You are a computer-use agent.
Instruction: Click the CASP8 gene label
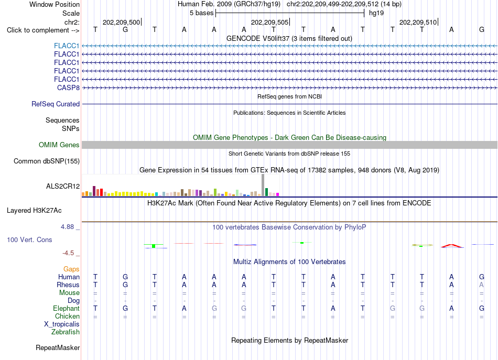tap(68, 88)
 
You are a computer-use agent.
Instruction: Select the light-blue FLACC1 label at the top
tap(67, 46)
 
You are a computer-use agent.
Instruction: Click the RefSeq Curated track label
tap(56, 104)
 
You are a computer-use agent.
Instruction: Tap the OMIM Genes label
tap(59, 145)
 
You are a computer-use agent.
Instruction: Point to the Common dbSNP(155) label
tap(47, 161)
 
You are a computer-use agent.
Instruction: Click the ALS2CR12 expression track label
tap(63, 186)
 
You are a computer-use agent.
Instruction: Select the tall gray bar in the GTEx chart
tap(263, 185)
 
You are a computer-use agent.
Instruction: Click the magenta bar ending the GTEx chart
tap(278, 194)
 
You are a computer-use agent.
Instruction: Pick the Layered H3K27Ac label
tap(34, 211)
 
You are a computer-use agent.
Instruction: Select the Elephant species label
tap(67, 308)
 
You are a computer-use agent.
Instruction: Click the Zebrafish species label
tap(66, 332)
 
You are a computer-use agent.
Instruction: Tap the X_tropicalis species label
tap(62, 324)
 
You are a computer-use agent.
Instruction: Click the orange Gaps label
tap(71, 269)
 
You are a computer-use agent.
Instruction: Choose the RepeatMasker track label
tap(58, 347)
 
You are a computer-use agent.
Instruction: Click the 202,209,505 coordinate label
tap(269, 22)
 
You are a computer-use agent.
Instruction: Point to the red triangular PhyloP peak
tap(452, 245)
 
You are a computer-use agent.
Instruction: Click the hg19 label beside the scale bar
tap(376, 13)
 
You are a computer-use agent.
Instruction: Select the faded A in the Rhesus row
tap(481, 285)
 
